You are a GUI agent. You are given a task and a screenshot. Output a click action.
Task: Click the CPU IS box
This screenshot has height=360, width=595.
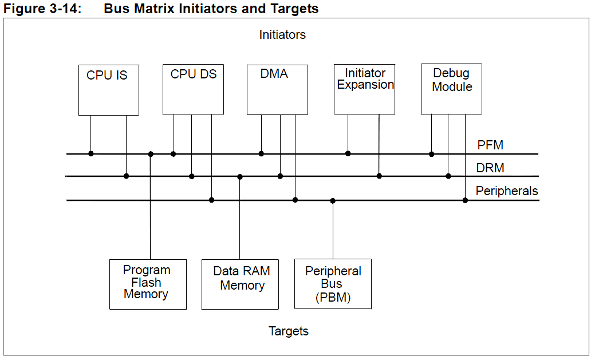click(x=108, y=90)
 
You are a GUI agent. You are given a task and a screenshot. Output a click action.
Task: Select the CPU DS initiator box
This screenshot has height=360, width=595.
click(x=193, y=89)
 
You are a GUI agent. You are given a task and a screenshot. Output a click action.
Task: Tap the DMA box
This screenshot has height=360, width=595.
click(x=277, y=89)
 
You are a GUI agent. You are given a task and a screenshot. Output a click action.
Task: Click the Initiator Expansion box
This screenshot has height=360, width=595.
click(x=364, y=89)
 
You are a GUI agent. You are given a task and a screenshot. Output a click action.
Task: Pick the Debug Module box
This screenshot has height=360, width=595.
click(x=451, y=89)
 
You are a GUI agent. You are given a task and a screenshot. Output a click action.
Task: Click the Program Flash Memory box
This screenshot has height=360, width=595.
click(x=148, y=284)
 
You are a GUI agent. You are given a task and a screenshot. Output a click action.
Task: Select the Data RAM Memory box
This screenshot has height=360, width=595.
click(x=240, y=284)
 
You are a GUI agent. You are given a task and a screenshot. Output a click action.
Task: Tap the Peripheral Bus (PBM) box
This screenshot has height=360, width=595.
click(x=333, y=284)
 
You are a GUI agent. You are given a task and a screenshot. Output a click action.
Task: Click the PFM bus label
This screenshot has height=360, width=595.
click(x=490, y=145)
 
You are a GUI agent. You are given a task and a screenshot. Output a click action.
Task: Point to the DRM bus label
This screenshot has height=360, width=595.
click(x=490, y=168)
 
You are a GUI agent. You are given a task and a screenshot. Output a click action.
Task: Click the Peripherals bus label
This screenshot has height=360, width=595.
click(x=507, y=191)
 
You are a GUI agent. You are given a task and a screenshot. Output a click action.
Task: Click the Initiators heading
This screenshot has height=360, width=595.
click(x=282, y=35)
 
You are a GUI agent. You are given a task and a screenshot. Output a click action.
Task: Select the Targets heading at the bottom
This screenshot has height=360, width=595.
click(x=289, y=331)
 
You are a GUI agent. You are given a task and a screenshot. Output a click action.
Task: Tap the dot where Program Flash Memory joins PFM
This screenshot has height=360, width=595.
click(x=151, y=154)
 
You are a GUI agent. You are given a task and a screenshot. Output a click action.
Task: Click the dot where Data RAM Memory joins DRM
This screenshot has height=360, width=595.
click(x=240, y=177)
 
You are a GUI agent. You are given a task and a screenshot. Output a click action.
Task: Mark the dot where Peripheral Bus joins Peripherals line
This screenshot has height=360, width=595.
click(x=333, y=201)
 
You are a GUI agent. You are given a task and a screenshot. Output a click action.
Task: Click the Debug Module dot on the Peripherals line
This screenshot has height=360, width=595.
click(x=465, y=200)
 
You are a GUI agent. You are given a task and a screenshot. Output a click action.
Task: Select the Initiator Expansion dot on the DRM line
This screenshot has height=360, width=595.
click(x=379, y=176)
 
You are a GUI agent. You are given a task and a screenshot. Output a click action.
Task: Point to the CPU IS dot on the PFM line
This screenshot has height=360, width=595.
click(x=90, y=153)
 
